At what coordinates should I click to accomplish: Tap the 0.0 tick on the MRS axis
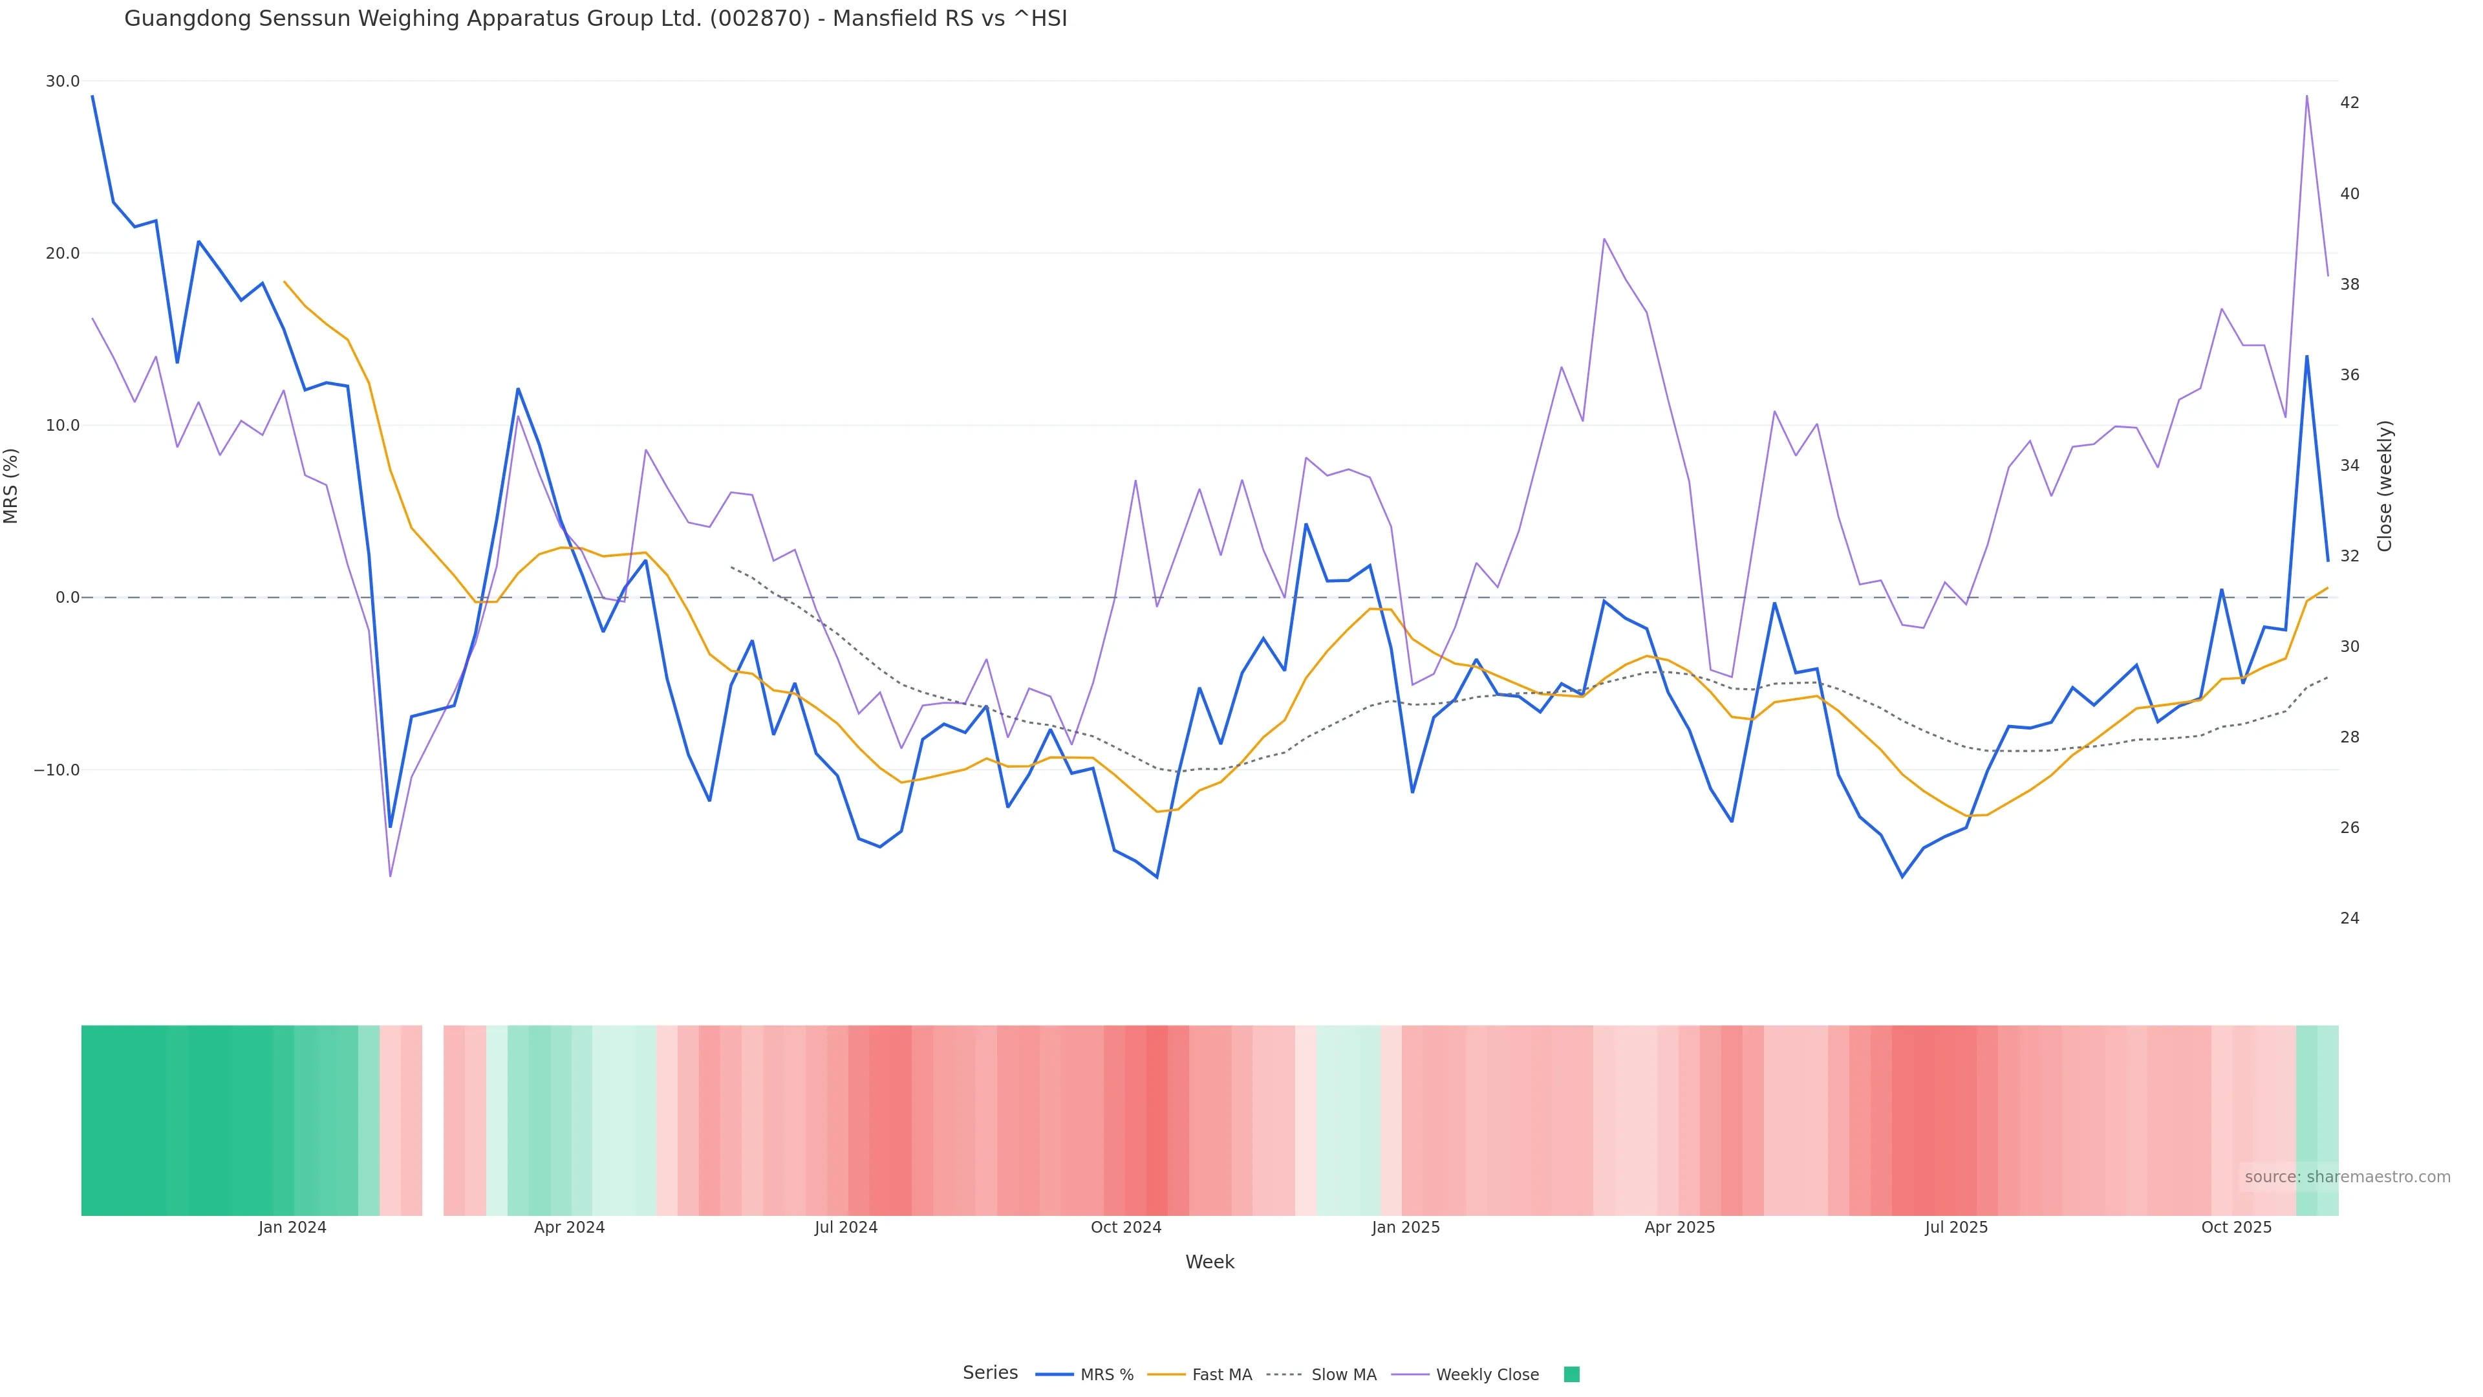pos(67,598)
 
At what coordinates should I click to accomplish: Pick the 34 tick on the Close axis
pos(2350,466)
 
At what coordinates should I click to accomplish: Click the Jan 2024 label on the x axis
pos(292,1228)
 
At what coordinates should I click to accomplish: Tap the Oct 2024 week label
pos(1126,1228)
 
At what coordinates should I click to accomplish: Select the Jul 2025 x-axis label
pos(1956,1228)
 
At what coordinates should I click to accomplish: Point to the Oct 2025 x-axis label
pos(2236,1228)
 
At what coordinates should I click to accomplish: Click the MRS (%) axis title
pos(12,486)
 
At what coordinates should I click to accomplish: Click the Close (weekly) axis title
pos(2385,486)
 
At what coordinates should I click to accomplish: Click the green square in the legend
pos(1571,1375)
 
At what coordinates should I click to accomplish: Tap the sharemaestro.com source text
pos(2347,1177)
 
